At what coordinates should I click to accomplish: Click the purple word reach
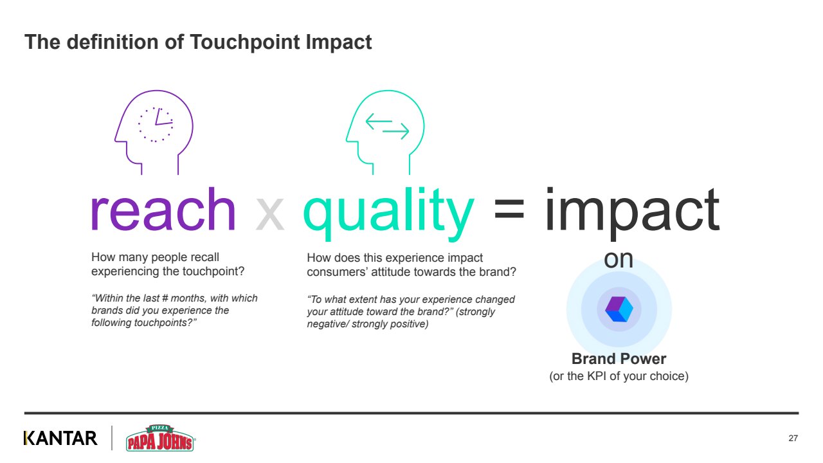163,210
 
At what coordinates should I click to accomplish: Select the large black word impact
631,213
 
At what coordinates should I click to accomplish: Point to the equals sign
509,209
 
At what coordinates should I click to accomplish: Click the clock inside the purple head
156,125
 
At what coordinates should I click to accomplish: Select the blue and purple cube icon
619,309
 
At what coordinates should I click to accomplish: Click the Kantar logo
60,438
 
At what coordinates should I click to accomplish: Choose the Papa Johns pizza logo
160,438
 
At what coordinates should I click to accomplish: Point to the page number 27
793,438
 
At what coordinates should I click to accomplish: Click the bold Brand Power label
619,359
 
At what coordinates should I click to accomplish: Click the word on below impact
619,259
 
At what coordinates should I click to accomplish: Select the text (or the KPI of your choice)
619,376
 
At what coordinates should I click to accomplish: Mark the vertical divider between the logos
112,438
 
